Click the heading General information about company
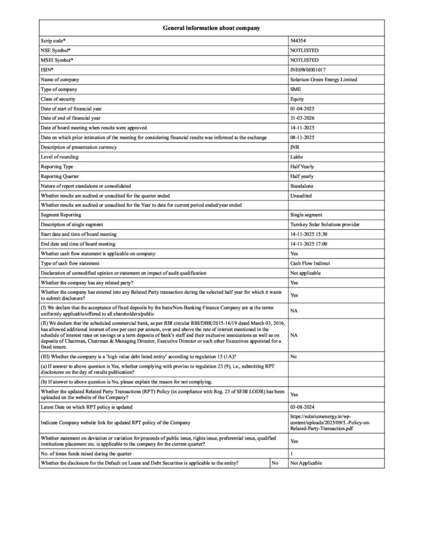[211, 28]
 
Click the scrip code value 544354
[298, 41]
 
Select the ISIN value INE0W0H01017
[307, 69]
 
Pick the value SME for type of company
[295, 89]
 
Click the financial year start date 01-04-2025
[303, 108]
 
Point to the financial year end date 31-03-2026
[303, 118]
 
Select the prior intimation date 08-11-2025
[303, 137]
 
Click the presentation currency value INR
[295, 147]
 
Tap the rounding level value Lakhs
[297, 157]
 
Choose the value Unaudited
[302, 196]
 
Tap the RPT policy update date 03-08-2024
[303, 407]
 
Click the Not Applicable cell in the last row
[306, 463]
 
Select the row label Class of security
[58, 99]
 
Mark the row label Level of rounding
[58, 157]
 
